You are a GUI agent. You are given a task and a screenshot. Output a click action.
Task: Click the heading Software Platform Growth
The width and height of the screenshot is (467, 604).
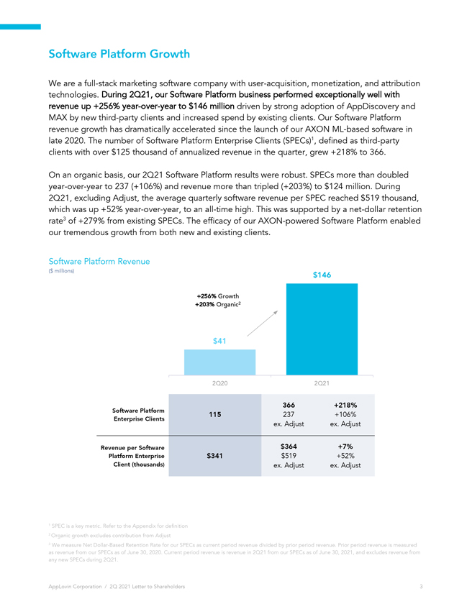(119, 53)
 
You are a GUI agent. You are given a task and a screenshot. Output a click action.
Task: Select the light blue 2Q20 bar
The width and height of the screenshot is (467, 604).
(219, 362)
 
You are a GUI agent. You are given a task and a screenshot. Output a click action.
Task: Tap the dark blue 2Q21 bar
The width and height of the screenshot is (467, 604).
(322, 329)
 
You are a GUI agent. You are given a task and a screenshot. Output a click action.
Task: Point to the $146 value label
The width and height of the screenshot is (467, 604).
(322, 275)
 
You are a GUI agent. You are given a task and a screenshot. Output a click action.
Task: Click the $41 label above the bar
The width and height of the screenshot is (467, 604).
(219, 341)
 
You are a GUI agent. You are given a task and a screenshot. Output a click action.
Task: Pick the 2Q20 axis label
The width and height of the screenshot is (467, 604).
(219, 383)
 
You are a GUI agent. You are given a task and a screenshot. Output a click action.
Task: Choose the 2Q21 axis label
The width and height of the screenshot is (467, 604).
(322, 383)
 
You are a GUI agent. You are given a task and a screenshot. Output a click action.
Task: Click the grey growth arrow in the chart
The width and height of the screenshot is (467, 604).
(263, 323)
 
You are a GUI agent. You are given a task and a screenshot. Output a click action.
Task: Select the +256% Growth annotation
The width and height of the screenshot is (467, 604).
(218, 296)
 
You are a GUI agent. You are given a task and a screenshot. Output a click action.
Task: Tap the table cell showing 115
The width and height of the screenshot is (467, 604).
(215, 414)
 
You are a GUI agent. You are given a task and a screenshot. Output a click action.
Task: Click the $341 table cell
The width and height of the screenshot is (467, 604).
(214, 456)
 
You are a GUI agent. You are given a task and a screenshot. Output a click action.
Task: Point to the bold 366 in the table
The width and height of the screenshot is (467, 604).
(289, 406)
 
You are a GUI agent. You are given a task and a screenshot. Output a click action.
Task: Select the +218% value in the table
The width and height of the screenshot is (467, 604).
(345, 406)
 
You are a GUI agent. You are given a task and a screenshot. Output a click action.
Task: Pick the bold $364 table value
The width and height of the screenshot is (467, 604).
(289, 447)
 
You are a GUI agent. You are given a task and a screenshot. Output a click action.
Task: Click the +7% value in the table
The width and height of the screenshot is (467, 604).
(345, 447)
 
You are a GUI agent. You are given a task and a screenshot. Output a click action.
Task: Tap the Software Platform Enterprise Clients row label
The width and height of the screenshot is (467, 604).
(138, 414)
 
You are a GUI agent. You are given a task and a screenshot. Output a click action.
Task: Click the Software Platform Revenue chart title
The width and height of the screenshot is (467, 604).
(99, 261)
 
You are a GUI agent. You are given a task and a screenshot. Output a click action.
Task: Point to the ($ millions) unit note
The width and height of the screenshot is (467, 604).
(61, 271)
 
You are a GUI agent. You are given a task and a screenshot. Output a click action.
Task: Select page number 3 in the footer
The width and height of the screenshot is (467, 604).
(421, 586)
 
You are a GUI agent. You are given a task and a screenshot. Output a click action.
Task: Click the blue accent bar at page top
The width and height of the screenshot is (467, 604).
(20, 27)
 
